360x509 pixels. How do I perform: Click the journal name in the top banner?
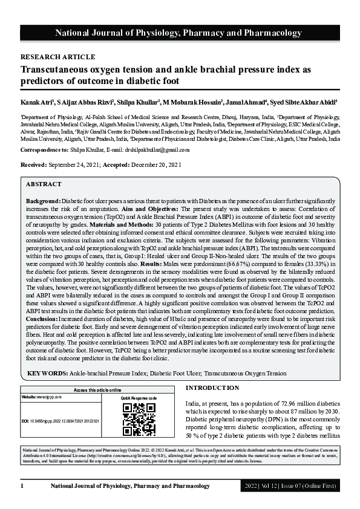click(180, 33)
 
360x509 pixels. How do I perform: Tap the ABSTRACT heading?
click(43, 184)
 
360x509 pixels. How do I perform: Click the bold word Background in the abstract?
click(42, 200)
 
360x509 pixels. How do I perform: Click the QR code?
click(139, 419)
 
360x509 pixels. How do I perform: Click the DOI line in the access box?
click(61, 420)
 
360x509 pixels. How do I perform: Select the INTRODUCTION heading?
click(212, 387)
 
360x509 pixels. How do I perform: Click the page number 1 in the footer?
click(22, 485)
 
